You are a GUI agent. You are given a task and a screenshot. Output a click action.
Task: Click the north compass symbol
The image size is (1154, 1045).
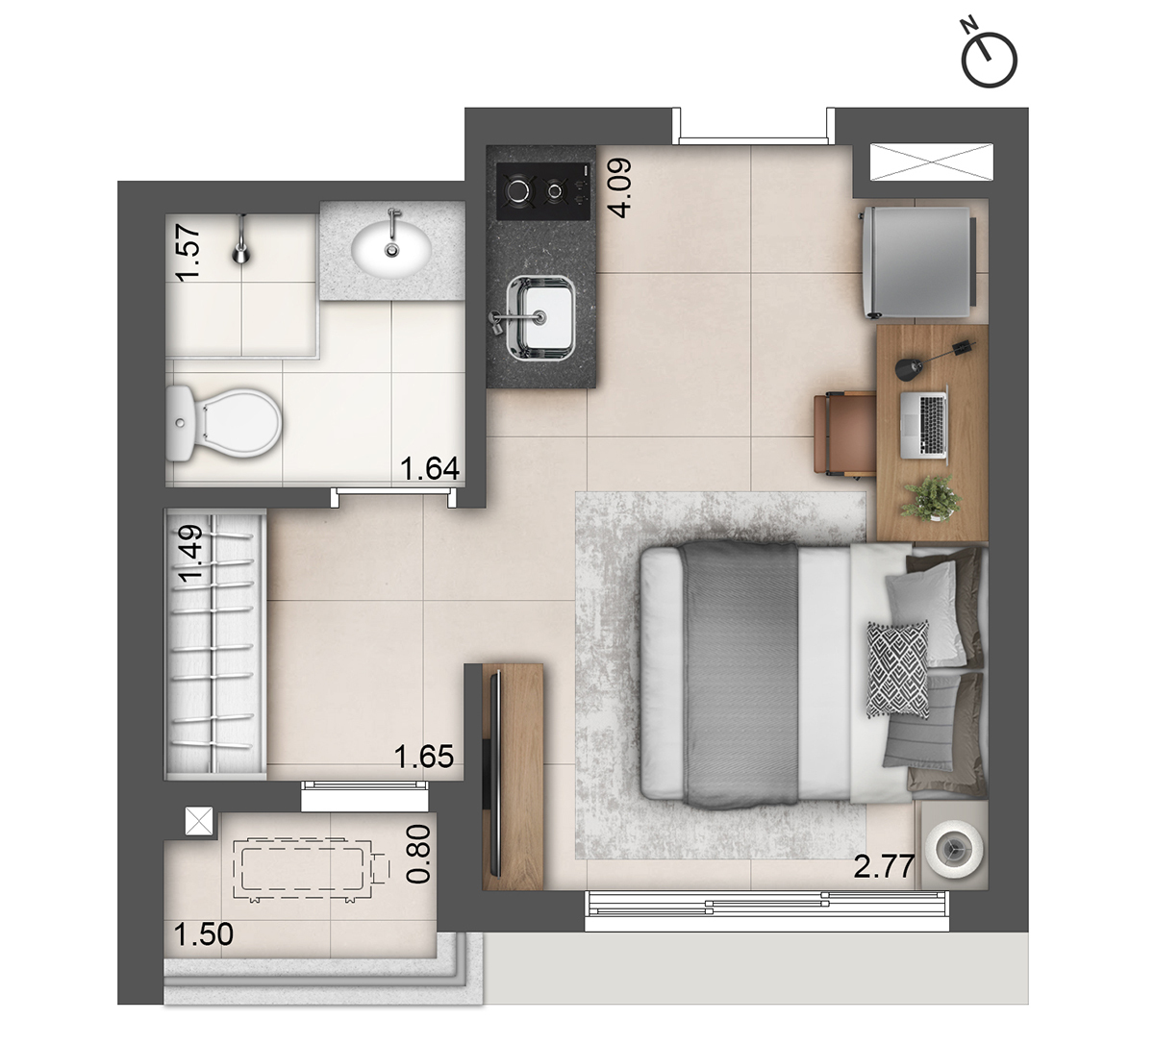pyautogui.click(x=989, y=60)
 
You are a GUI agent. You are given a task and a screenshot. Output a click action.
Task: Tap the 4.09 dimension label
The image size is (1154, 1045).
pyautogui.click(x=620, y=187)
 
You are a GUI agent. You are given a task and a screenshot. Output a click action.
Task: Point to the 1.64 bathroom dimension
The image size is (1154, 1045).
pyautogui.click(x=430, y=468)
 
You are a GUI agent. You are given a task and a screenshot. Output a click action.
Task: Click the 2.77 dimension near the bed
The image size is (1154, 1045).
pyautogui.click(x=884, y=868)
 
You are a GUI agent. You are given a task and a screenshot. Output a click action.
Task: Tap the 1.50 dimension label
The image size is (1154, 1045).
pyautogui.click(x=204, y=933)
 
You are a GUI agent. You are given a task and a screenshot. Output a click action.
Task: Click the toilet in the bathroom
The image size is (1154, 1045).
pyautogui.click(x=223, y=423)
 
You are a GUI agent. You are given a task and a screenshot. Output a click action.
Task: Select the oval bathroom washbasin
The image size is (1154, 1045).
pyautogui.click(x=390, y=247)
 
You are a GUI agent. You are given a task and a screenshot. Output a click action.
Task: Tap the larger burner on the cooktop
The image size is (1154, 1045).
pyautogui.click(x=519, y=190)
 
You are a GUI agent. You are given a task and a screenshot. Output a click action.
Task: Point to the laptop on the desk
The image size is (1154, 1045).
pyautogui.click(x=923, y=421)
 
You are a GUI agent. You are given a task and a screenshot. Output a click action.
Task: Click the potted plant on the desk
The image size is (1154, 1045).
pyautogui.click(x=930, y=499)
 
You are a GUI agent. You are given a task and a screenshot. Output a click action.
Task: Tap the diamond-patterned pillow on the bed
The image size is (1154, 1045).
pyautogui.click(x=897, y=668)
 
